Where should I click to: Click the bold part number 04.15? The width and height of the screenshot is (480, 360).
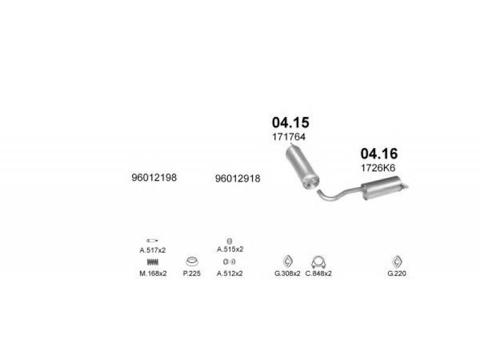(290, 122)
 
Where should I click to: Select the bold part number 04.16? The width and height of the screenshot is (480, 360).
(379, 154)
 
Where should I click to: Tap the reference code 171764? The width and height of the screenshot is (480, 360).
(289, 137)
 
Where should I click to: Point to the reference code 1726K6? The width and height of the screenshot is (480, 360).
(378, 168)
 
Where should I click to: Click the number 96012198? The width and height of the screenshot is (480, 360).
(154, 178)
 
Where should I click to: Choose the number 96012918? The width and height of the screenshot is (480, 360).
(238, 178)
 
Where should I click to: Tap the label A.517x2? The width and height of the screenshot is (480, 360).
(152, 250)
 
